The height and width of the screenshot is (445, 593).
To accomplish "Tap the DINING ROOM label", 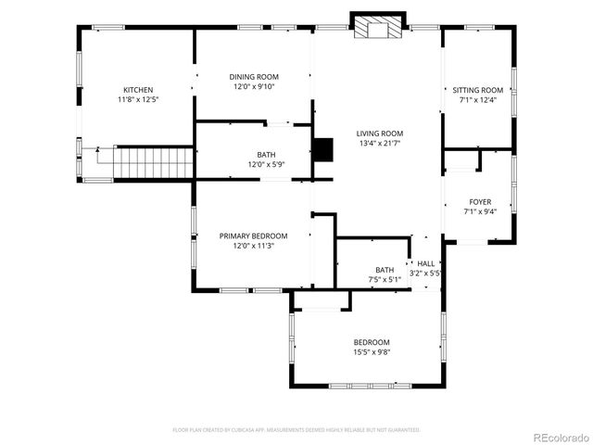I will tap(254, 77).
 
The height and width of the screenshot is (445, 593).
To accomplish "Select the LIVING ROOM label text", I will tap(380, 133).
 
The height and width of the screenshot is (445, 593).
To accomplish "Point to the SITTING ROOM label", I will tap(478, 90).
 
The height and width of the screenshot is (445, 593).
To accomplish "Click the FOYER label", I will tap(480, 201).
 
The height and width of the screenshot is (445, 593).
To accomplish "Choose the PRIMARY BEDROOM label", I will tap(253, 236).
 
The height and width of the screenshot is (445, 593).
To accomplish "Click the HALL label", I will tap(425, 264).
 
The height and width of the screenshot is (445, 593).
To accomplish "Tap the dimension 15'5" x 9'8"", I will tap(371, 352).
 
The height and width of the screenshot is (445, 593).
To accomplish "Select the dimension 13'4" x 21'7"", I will tap(380, 144).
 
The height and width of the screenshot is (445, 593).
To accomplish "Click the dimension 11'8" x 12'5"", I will tap(138, 99).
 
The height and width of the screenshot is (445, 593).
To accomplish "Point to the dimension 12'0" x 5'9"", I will tap(266, 165).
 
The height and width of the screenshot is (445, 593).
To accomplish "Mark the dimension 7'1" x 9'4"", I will tap(480, 211).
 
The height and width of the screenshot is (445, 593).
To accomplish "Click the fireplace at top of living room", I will tap(378, 28).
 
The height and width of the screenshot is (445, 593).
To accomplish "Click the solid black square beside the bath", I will tap(322, 150).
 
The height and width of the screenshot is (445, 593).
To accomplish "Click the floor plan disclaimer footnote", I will tap(296, 430).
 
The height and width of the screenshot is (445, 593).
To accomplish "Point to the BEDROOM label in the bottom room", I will tap(371, 342).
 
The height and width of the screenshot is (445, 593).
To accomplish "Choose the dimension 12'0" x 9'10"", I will tap(254, 87).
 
